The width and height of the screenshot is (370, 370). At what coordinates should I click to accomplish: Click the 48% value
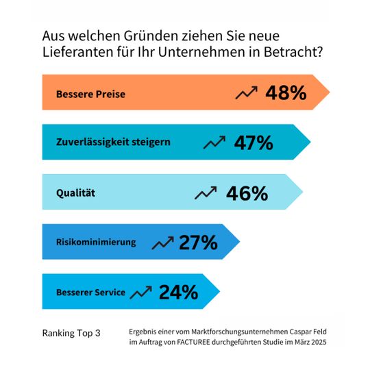(286, 93)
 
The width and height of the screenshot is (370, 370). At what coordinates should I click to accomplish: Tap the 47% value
(254, 143)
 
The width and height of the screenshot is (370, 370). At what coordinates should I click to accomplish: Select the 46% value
(248, 193)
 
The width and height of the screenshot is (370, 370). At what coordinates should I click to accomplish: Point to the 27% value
(198, 243)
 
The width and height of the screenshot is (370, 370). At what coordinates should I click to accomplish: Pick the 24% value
(178, 293)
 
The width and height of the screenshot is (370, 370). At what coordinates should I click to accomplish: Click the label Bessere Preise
(91, 94)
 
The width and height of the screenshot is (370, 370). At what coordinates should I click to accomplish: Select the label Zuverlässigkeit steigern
(113, 143)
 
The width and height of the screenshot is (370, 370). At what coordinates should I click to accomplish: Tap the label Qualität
(75, 193)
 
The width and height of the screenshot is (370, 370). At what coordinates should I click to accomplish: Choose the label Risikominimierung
(96, 243)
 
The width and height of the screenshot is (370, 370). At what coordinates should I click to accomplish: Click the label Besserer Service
(90, 293)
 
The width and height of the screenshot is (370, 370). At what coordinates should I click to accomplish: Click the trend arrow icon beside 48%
(246, 93)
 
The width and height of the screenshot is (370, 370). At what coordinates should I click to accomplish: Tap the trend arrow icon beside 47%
(215, 143)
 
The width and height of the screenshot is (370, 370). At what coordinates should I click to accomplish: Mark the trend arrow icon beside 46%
(206, 193)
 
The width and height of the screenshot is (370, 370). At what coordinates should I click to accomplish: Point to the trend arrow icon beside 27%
(162, 243)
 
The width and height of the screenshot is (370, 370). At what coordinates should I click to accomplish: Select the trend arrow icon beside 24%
(141, 293)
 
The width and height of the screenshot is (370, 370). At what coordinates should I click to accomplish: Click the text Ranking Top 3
(71, 334)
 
